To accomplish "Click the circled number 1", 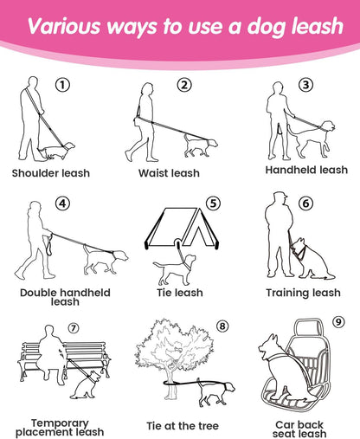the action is pos(62,85).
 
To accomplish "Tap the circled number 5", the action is pos(213,203).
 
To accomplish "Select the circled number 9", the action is pos(338,321).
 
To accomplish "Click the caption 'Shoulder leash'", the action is pos(51,173).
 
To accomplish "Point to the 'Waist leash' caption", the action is pos(169,173).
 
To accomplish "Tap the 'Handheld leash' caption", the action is pos(306,170).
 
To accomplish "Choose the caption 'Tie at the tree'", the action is pos(183,426).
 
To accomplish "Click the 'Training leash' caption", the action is pos(303,293).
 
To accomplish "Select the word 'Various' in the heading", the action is pos(64,26).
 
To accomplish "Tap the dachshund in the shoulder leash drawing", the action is pos(56,151).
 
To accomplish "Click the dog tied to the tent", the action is pos(175,269).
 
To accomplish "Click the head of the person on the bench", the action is pos(49,331).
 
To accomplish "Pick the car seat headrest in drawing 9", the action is pos(308,327).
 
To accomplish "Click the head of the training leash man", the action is pos(280,197).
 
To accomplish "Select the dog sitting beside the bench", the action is pos(86,384).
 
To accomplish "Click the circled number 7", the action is pos(74,328).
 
